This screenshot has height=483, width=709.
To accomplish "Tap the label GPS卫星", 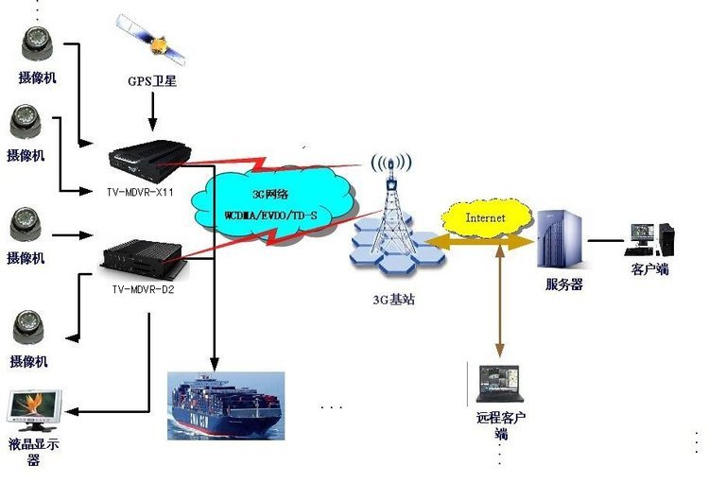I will tap(151, 81).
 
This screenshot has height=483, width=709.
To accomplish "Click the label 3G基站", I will tap(392, 300).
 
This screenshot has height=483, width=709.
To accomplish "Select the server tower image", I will tap(560, 240).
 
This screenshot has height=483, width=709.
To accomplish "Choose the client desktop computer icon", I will tap(650, 238).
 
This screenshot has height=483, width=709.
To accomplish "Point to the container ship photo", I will tap(225, 405).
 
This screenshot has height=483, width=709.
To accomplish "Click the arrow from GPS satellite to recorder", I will tap(151, 112).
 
